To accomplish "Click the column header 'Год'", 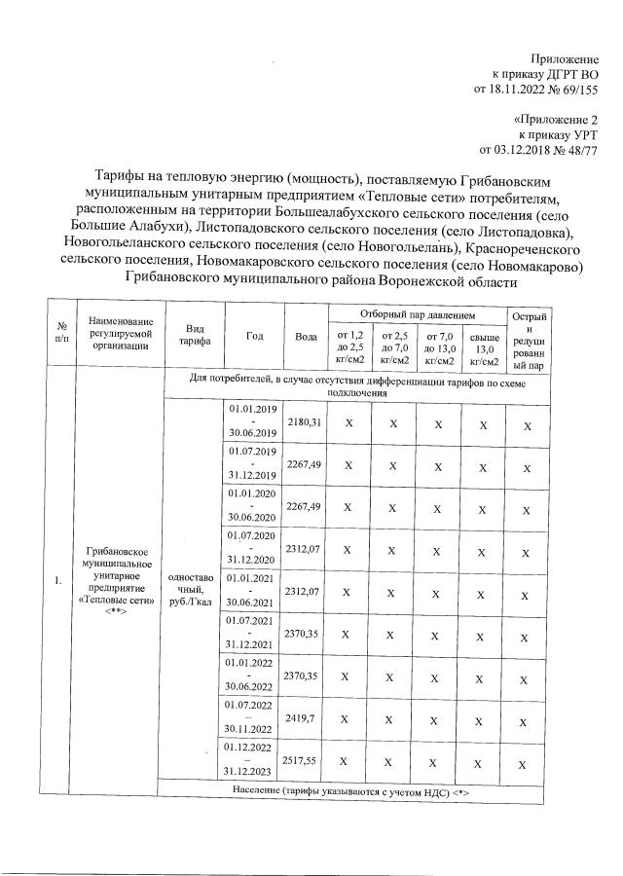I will (x=255, y=336).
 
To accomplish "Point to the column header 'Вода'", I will (x=306, y=336).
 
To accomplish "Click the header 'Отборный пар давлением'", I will (x=417, y=316).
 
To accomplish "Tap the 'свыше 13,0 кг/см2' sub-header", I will (x=483, y=348).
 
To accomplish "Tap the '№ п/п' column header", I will (x=61, y=336).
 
